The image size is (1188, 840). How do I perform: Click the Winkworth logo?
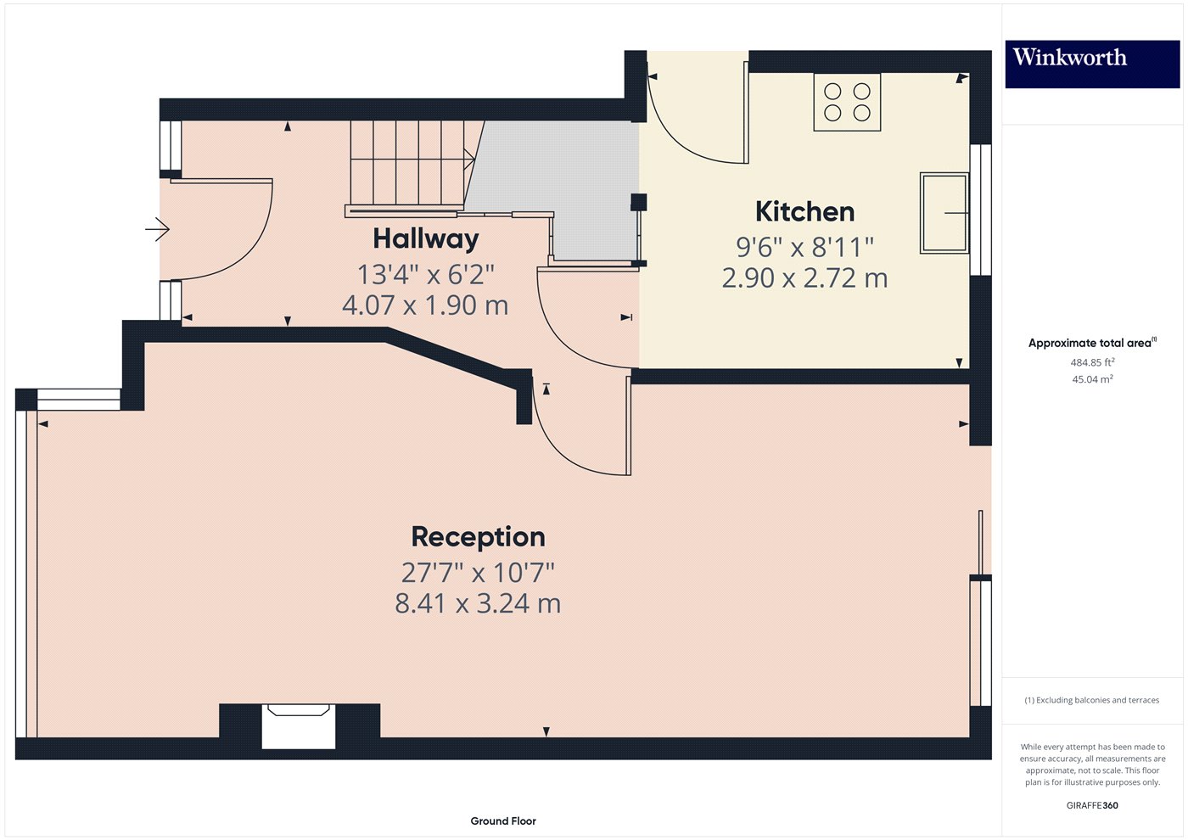click(1091, 64)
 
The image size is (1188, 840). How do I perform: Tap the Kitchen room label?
click(804, 211)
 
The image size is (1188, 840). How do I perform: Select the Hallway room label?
click(425, 239)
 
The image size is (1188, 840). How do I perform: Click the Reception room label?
click(478, 537)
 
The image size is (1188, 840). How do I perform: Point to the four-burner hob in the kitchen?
click(847, 102)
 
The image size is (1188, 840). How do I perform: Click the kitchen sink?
click(944, 213)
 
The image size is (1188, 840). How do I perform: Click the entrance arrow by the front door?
click(157, 229)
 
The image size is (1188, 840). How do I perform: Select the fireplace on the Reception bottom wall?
click(299, 726)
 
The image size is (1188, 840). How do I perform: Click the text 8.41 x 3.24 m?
click(478, 604)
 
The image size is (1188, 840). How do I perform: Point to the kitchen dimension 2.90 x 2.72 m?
click(804, 278)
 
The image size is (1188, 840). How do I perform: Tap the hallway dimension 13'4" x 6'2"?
click(425, 275)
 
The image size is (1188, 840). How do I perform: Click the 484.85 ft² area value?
click(1091, 362)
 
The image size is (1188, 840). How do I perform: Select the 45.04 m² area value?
click(1091, 379)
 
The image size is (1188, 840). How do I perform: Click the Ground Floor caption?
click(503, 820)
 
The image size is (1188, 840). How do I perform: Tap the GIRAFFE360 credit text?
click(1091, 805)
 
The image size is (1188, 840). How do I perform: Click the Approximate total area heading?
click(1091, 343)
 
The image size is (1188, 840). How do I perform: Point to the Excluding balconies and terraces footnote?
click(1091, 700)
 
